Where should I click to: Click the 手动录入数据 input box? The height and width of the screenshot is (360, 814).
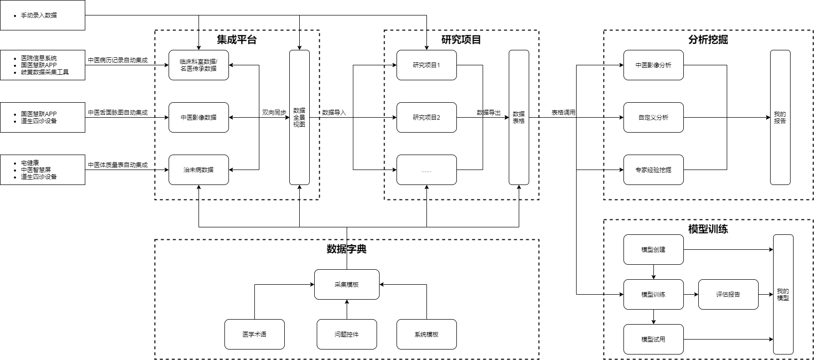pyautogui.click(x=42, y=15)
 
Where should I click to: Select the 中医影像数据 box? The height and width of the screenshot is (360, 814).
pyautogui.click(x=199, y=118)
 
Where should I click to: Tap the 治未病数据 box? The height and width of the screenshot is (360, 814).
pyautogui.click(x=199, y=170)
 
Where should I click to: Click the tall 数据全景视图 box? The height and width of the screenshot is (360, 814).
pyautogui.click(x=299, y=118)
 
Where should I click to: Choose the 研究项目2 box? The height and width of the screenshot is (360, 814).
pyautogui.click(x=426, y=118)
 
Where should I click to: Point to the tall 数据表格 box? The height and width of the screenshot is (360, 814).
pyautogui.click(x=519, y=118)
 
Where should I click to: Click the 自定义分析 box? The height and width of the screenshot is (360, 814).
pyautogui.click(x=653, y=118)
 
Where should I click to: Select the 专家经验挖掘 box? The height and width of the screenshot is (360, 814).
pyautogui.click(x=653, y=170)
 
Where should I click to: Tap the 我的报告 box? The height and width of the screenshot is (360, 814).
pyautogui.click(x=780, y=118)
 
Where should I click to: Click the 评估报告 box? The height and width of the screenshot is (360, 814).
pyautogui.click(x=728, y=295)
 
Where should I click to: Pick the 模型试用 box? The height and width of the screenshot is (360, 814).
pyautogui.click(x=653, y=340)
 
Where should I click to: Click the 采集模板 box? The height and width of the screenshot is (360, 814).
pyautogui.click(x=347, y=285)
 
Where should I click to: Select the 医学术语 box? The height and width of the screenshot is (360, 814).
pyautogui.click(x=254, y=335)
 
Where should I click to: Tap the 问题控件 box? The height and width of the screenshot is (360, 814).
pyautogui.click(x=347, y=335)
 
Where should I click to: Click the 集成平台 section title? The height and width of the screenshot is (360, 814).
pyautogui.click(x=237, y=40)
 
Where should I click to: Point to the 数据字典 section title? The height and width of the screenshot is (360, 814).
pyautogui.click(x=347, y=249)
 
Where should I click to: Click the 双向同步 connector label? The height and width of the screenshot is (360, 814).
pyautogui.click(x=274, y=113)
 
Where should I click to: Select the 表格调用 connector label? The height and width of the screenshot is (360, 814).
pyautogui.click(x=563, y=113)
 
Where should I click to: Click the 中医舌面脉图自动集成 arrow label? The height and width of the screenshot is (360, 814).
pyautogui.click(x=118, y=113)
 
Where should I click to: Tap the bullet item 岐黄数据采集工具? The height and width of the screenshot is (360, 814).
pyautogui.click(x=45, y=72)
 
